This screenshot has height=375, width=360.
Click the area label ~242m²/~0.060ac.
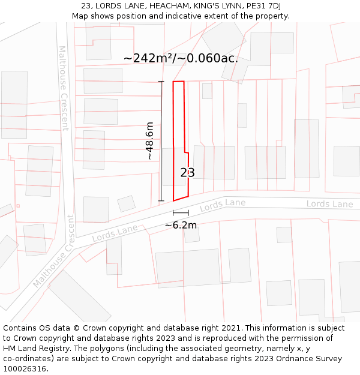181,58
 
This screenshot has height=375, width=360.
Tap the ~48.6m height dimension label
149,140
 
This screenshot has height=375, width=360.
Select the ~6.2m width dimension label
181,225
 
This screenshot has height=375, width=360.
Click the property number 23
187,173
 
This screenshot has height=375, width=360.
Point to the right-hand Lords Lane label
329,204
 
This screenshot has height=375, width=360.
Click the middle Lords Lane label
223,205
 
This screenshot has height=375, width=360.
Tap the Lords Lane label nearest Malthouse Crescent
115,233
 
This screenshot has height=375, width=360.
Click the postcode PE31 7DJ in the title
264,6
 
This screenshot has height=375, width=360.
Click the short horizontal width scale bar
181,212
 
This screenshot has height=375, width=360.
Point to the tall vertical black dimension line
161,141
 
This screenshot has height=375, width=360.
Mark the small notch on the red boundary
186,152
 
